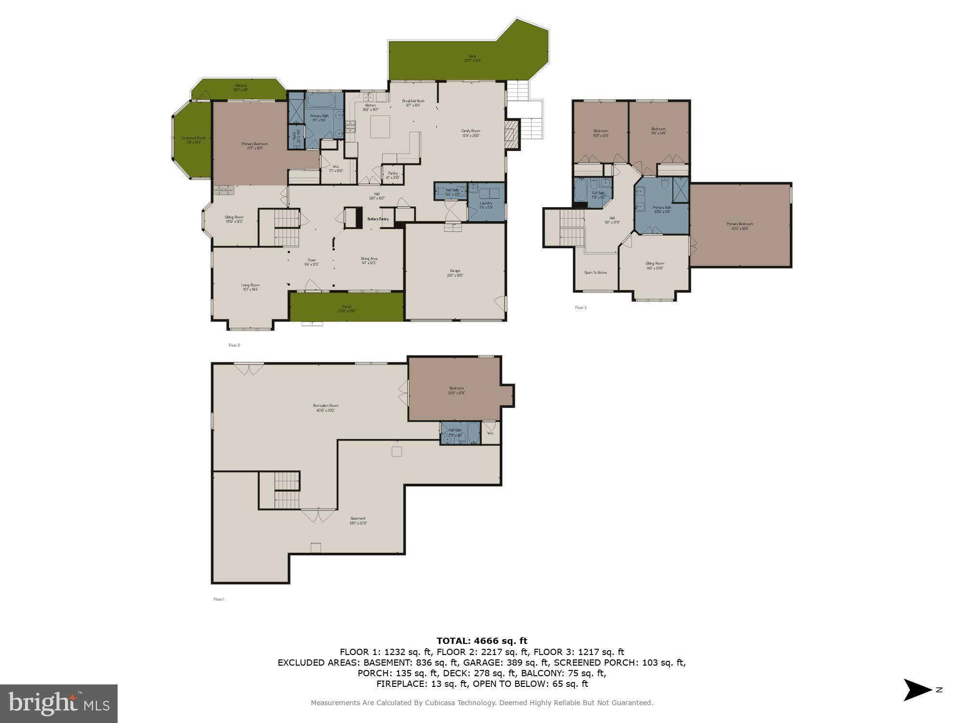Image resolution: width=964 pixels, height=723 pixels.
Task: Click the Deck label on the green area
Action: tap(472, 58)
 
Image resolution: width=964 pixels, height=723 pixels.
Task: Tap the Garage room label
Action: tap(455, 273)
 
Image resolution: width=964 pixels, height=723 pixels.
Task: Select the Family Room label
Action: tap(470, 133)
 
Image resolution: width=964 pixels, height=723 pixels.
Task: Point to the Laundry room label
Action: tap(486, 205)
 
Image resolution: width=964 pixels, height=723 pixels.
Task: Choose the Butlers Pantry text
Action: tap(378, 219)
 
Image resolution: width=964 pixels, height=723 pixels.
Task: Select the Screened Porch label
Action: tap(193, 140)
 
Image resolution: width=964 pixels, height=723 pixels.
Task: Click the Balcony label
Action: tap(241, 87)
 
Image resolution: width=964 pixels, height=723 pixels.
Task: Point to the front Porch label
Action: tap(347, 308)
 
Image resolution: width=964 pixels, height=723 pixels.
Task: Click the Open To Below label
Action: tap(595, 272)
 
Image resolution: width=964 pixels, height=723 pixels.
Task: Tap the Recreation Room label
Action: tap(325, 408)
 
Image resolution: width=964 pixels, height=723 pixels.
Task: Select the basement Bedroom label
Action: tap(456, 390)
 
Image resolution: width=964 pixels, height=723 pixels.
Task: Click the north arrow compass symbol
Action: tap(917, 690)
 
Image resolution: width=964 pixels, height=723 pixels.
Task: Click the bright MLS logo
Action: tap(59, 703)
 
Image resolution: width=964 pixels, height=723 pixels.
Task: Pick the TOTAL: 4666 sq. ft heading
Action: tap(482, 641)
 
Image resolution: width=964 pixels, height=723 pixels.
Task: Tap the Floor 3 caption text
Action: tap(580, 308)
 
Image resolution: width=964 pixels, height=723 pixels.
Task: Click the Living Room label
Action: tap(250, 287)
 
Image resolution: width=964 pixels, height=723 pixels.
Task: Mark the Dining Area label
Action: tap(369, 260)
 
